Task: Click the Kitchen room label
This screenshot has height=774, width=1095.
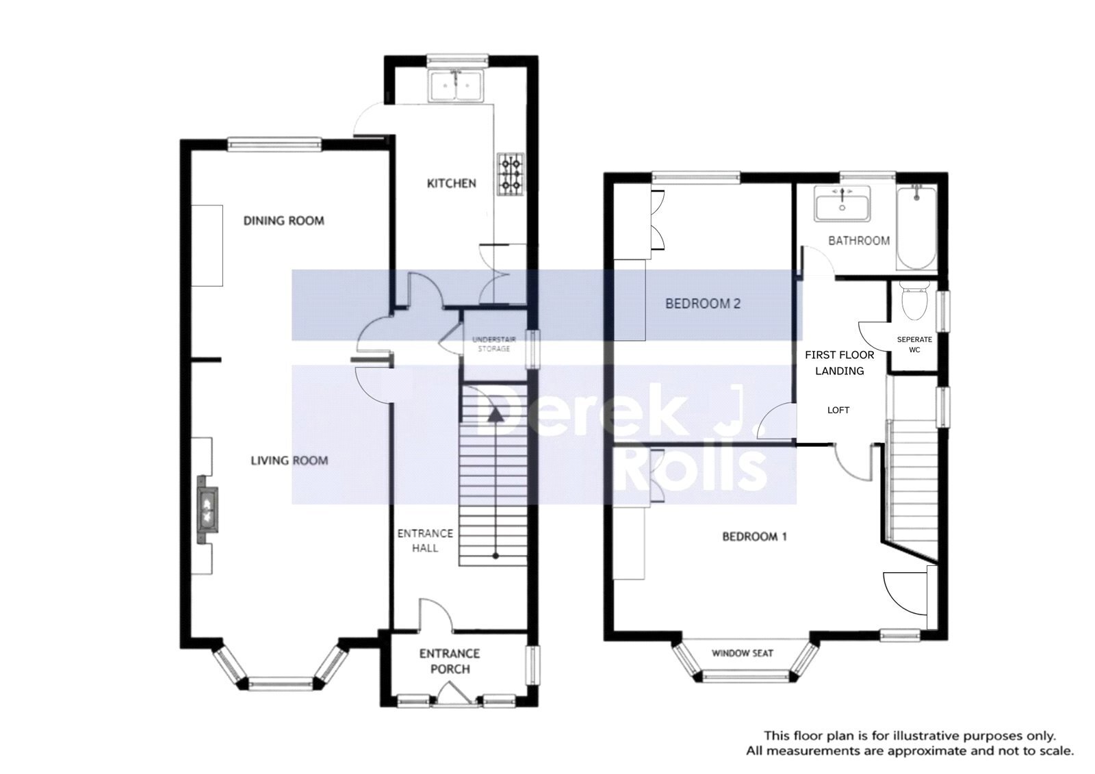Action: click(x=451, y=183)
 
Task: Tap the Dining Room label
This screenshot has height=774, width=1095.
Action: click(x=283, y=221)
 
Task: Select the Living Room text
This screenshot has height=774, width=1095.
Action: click(x=289, y=461)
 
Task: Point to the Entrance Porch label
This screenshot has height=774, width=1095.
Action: click(x=450, y=661)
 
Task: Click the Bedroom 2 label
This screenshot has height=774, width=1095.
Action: click(x=703, y=304)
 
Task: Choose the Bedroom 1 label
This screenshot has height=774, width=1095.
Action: click(x=754, y=537)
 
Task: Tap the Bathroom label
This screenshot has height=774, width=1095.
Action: click(x=859, y=241)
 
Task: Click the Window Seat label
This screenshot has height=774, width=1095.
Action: click(x=742, y=654)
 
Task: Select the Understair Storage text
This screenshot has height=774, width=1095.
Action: click(x=493, y=344)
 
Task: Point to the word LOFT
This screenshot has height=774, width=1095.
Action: click(x=838, y=410)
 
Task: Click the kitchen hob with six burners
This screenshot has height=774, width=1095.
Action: click(x=511, y=175)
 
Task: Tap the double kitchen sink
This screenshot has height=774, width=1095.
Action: click(x=456, y=86)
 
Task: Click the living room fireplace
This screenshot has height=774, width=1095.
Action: click(x=207, y=508)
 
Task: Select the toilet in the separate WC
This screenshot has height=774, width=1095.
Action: click(x=914, y=300)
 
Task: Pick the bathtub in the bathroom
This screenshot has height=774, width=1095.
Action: click(x=916, y=227)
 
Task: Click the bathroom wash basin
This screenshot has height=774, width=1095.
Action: click(x=842, y=203)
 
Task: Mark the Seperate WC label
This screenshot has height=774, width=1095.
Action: click(x=914, y=345)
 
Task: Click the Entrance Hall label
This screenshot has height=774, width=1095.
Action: click(x=425, y=541)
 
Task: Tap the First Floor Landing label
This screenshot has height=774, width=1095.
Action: click(x=839, y=363)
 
